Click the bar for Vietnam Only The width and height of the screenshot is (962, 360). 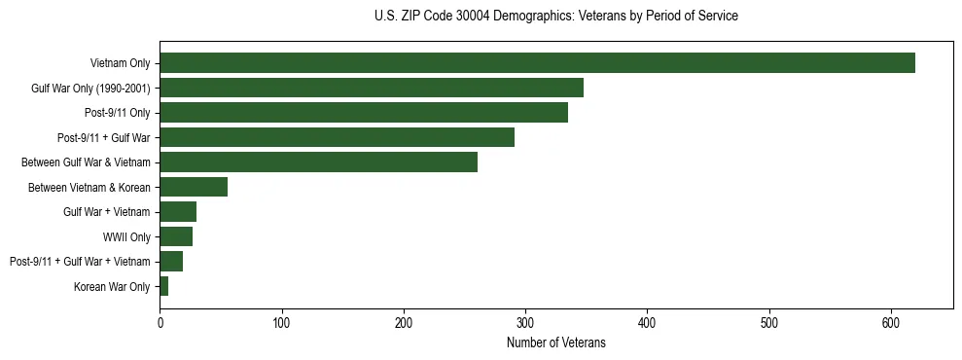point(537,63)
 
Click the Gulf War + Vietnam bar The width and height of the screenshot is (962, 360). point(178,211)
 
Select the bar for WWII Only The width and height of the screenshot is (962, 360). point(176,236)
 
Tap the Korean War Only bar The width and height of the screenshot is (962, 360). point(164,286)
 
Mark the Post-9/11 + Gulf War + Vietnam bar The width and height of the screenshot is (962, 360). point(171,261)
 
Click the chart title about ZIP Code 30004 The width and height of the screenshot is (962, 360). point(555,17)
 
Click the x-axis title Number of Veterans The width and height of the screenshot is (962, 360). point(555,342)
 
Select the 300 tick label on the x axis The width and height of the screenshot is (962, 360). point(525,323)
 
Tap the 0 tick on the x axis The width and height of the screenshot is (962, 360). point(160,323)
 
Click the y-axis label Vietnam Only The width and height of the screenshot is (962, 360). point(120,63)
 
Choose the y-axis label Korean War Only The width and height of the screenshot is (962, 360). point(112,286)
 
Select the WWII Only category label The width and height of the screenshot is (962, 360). point(126,236)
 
